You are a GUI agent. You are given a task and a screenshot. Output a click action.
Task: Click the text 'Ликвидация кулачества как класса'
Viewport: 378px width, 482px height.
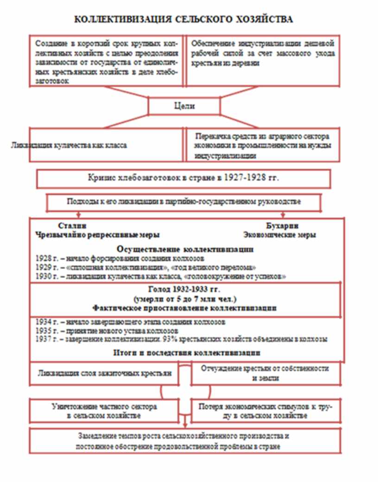coord(69,145)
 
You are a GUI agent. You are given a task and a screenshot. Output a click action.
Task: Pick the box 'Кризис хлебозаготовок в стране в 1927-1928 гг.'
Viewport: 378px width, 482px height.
coord(183,178)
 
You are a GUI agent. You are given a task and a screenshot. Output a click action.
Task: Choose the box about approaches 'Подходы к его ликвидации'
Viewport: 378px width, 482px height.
coord(184,203)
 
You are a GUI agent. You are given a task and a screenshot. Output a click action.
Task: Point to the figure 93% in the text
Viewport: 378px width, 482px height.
coord(213,339)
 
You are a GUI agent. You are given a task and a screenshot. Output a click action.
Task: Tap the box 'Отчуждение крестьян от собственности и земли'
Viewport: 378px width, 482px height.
coord(265,373)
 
